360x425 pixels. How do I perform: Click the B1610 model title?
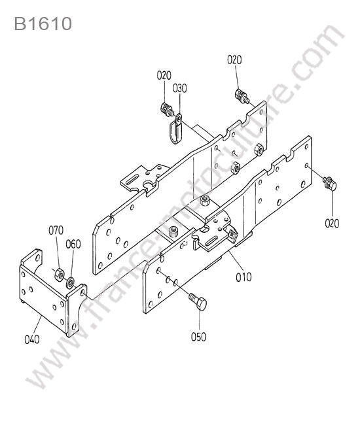click(43, 24)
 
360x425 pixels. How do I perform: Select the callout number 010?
click(243, 277)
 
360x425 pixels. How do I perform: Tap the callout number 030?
click(179, 88)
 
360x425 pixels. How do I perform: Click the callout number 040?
click(32, 339)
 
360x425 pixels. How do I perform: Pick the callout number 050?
click(198, 337)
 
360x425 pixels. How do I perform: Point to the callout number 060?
click(73, 244)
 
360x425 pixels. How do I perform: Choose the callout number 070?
click(56, 230)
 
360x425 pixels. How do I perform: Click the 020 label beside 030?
click(164, 75)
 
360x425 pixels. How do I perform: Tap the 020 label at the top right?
click(234, 59)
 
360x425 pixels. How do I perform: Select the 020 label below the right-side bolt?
click(332, 224)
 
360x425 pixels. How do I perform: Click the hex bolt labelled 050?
click(198, 301)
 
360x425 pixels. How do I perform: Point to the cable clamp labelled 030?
click(175, 129)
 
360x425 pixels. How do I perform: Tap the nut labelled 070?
click(59, 275)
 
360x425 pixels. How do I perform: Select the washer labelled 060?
click(71, 282)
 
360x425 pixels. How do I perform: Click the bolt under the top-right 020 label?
click(241, 95)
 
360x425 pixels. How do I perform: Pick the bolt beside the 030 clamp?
click(167, 109)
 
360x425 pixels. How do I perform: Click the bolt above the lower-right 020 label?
click(330, 184)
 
